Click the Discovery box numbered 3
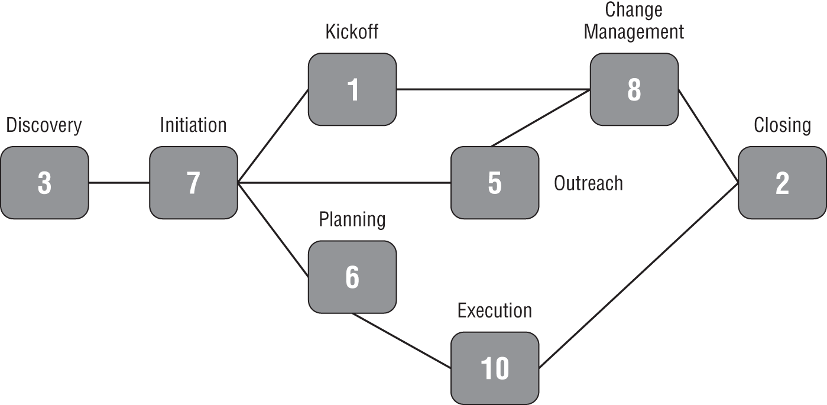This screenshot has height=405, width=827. point(44,183)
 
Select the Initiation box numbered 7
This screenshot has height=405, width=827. point(193,183)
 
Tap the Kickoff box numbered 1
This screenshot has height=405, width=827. point(352,90)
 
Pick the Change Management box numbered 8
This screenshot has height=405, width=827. point(634,90)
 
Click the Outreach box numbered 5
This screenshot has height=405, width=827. point(495,183)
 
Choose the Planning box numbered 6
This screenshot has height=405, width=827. point(352,277)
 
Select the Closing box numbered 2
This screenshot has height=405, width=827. point(782,183)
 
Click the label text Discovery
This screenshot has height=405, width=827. point(44,125)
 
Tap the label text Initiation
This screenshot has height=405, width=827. point(193,125)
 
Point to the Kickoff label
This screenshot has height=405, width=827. point(352,32)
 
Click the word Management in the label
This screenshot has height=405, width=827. point(634,31)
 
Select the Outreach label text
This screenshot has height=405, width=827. point(588,183)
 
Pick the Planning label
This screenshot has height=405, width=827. point(352,219)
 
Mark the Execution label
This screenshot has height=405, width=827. point(495,310)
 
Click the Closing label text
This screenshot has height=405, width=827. point(782,125)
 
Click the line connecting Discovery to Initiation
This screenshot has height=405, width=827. point(119,183)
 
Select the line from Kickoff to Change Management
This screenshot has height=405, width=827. point(493,90)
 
